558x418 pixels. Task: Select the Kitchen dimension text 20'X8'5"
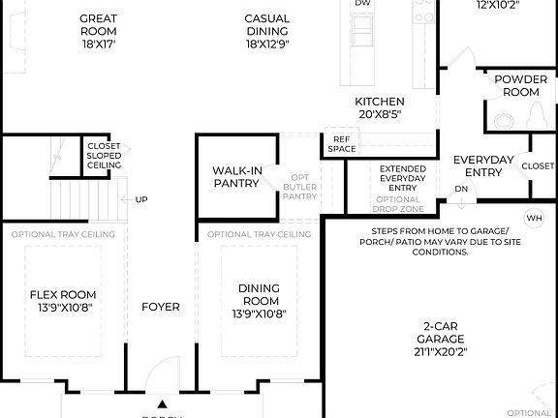point(379,114)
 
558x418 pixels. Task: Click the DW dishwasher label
point(362,4)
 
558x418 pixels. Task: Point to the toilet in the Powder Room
point(502,120)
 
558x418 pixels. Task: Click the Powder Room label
point(515,86)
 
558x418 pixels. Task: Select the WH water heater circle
point(533,218)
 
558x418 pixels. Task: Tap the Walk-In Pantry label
point(237,177)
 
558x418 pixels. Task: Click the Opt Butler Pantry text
point(298,188)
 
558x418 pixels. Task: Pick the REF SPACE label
point(341,144)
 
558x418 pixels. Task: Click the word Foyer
point(160,307)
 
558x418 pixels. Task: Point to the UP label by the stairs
point(141,200)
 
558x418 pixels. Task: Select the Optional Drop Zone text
point(398,204)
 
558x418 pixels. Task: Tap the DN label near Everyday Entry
point(462,189)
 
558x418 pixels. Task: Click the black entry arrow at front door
point(162,404)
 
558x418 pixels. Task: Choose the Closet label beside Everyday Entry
point(538,165)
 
